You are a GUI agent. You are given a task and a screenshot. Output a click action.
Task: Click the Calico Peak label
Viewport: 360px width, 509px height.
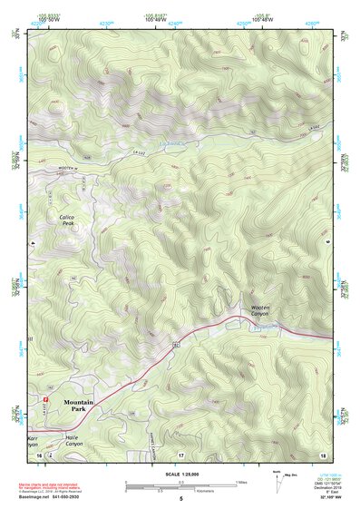(x=67, y=220)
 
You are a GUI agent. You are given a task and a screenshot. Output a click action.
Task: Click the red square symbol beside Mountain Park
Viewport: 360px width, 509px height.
(x=44, y=398)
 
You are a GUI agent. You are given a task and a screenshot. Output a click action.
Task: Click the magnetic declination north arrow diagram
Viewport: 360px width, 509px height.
(x=279, y=478)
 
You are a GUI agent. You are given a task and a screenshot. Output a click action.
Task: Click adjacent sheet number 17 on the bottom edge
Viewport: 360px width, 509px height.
(x=180, y=455)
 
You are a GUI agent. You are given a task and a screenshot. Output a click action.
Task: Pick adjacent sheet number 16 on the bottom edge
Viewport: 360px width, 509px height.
(x=39, y=455)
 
